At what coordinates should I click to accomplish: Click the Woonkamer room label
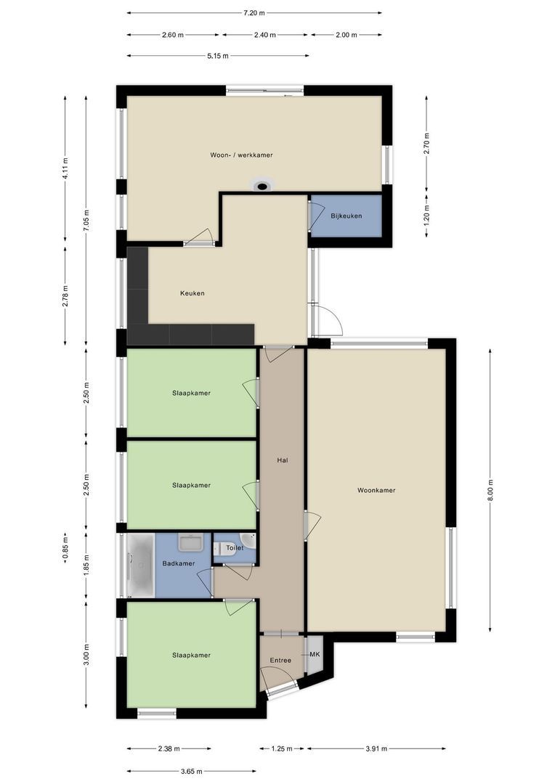pos(376,491)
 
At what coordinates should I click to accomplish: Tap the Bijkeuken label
pos(347,216)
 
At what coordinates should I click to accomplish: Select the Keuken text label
pos(193,293)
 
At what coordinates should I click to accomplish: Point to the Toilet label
pos(235,548)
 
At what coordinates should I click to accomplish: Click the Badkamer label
pos(179,563)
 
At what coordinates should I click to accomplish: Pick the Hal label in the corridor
pos(283,460)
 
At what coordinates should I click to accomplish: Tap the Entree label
pos(280,661)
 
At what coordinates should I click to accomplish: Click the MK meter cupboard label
pos(315,655)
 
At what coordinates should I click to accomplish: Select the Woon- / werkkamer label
pos(242,155)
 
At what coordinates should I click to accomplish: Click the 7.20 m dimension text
pos(254,13)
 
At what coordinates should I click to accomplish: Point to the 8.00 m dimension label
pos(490,490)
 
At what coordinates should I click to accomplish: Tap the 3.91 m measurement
pos(376,748)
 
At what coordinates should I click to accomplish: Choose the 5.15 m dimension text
pos(218,56)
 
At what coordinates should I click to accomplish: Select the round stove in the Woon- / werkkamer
pos(262,186)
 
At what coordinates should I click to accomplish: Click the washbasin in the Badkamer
pos(190,542)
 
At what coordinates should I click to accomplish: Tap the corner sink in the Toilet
pos(248,541)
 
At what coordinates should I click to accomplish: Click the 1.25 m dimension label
pos(282,748)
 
